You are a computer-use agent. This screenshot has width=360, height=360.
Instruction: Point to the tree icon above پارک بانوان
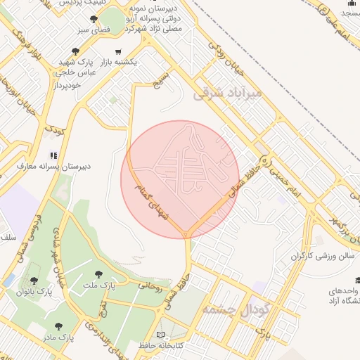coord(34,280)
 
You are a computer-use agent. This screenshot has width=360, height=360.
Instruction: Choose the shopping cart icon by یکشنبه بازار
coord(117,51)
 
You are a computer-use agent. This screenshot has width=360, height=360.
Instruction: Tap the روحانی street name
coord(149,286)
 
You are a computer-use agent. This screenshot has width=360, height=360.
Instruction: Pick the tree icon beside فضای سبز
coord(94,19)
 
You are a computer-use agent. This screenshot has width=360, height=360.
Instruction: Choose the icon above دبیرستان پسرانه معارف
coord(53,155)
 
